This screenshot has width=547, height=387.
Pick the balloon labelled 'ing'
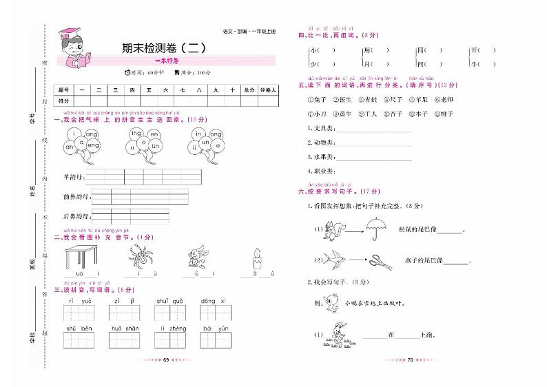coord(135,133)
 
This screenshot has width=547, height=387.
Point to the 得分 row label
coord(65,101)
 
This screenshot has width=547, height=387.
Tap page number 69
coord(165,379)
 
